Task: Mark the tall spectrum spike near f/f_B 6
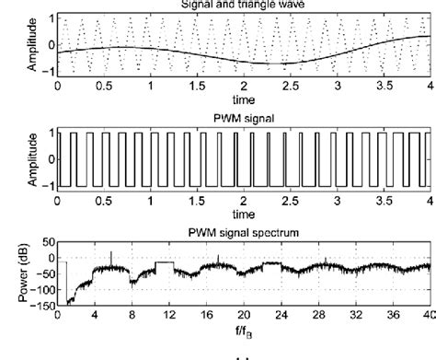click(111, 254)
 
